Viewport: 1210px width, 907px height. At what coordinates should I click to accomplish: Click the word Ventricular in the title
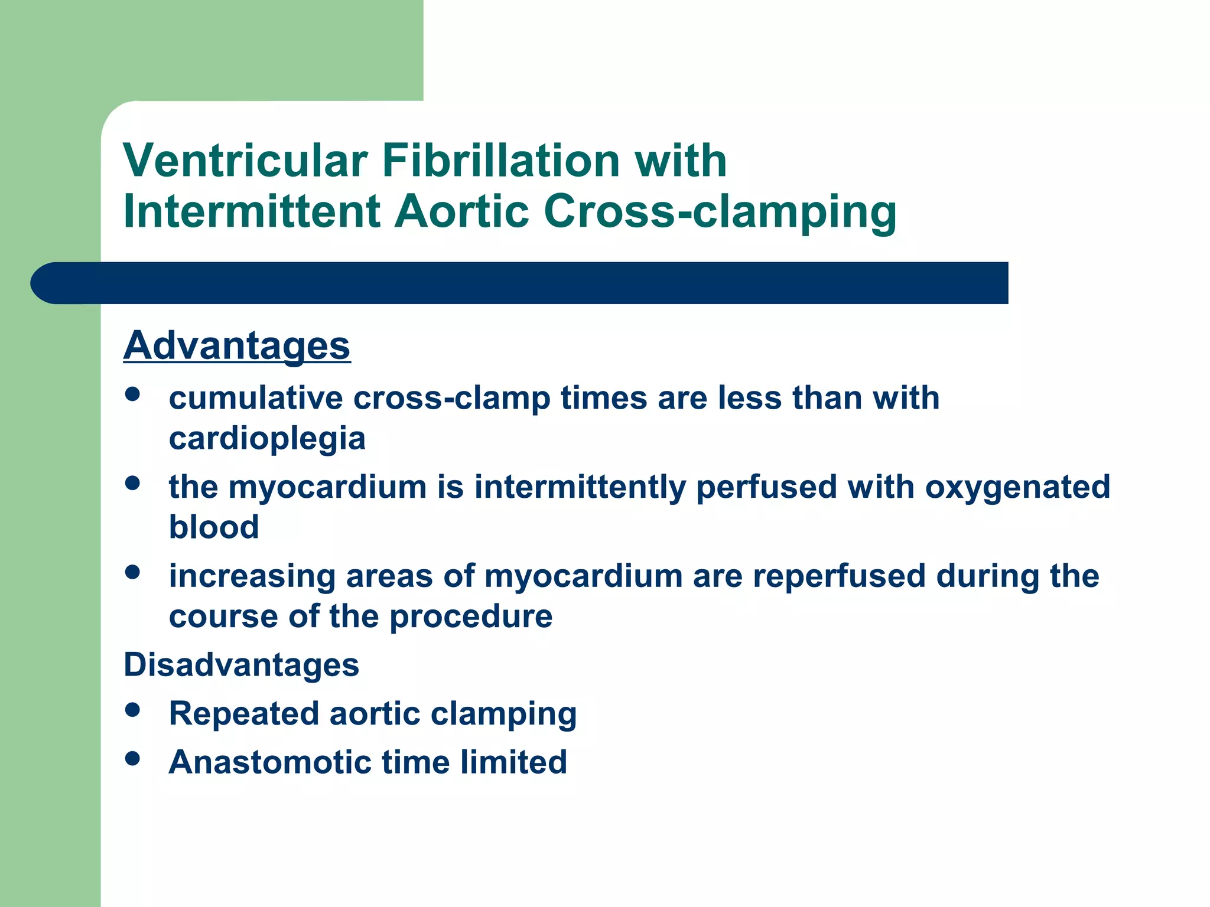(x=245, y=161)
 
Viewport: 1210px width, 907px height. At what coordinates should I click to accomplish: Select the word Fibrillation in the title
(x=501, y=161)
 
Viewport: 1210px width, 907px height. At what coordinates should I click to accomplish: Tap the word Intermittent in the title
(x=252, y=211)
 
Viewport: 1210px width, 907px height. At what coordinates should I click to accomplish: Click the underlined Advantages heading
(x=237, y=346)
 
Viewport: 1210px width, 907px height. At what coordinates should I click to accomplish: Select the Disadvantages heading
(x=241, y=665)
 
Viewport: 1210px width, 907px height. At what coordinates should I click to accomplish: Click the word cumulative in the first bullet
(x=255, y=398)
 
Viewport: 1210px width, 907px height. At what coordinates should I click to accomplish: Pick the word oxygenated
(x=1017, y=488)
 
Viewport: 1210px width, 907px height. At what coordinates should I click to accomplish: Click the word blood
(x=214, y=527)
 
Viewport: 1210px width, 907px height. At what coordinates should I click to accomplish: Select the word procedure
(x=471, y=617)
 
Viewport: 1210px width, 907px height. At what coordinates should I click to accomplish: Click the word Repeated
(x=243, y=714)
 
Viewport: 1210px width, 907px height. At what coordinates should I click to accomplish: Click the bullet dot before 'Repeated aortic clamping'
(x=133, y=710)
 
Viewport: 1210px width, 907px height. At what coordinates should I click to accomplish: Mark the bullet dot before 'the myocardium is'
(x=133, y=484)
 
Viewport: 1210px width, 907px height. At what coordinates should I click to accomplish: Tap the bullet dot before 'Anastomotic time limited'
(x=133, y=758)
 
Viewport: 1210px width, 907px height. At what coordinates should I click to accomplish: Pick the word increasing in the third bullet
(x=252, y=576)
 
